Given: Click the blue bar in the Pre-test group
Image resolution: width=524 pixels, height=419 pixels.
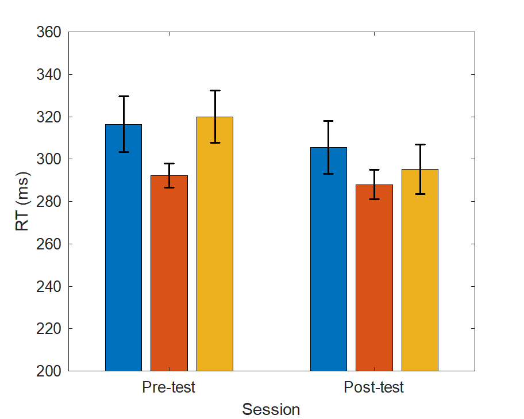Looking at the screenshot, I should (124, 259).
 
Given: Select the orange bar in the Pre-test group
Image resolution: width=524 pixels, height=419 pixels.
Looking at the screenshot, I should (169, 276).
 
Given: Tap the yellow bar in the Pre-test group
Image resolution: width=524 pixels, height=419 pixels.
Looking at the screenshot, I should (215, 259).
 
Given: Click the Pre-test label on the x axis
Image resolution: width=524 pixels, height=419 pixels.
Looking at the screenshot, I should (169, 387).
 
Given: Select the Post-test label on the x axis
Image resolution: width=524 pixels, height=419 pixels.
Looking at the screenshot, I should (374, 387).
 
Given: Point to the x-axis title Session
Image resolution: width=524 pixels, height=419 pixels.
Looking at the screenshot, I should (271, 410).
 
